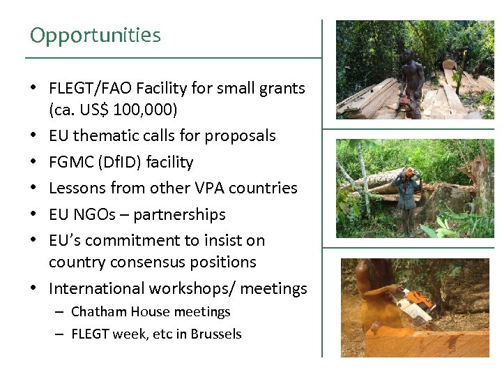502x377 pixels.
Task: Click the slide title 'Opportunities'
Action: [96, 35]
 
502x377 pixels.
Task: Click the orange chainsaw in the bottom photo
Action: [419, 304]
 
